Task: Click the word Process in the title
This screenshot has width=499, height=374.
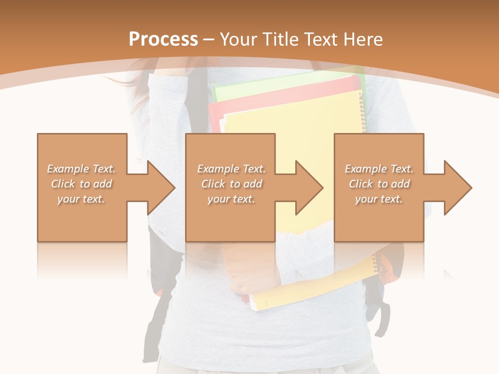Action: click(x=163, y=39)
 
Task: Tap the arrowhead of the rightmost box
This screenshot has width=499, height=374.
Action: click(x=457, y=188)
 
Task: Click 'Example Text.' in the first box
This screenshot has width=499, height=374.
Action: click(x=82, y=169)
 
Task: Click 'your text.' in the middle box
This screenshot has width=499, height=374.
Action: click(x=231, y=199)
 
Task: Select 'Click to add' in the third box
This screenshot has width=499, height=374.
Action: click(x=379, y=184)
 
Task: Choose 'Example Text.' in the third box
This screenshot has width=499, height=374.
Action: click(x=379, y=169)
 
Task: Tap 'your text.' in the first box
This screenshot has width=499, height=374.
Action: click(x=81, y=199)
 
